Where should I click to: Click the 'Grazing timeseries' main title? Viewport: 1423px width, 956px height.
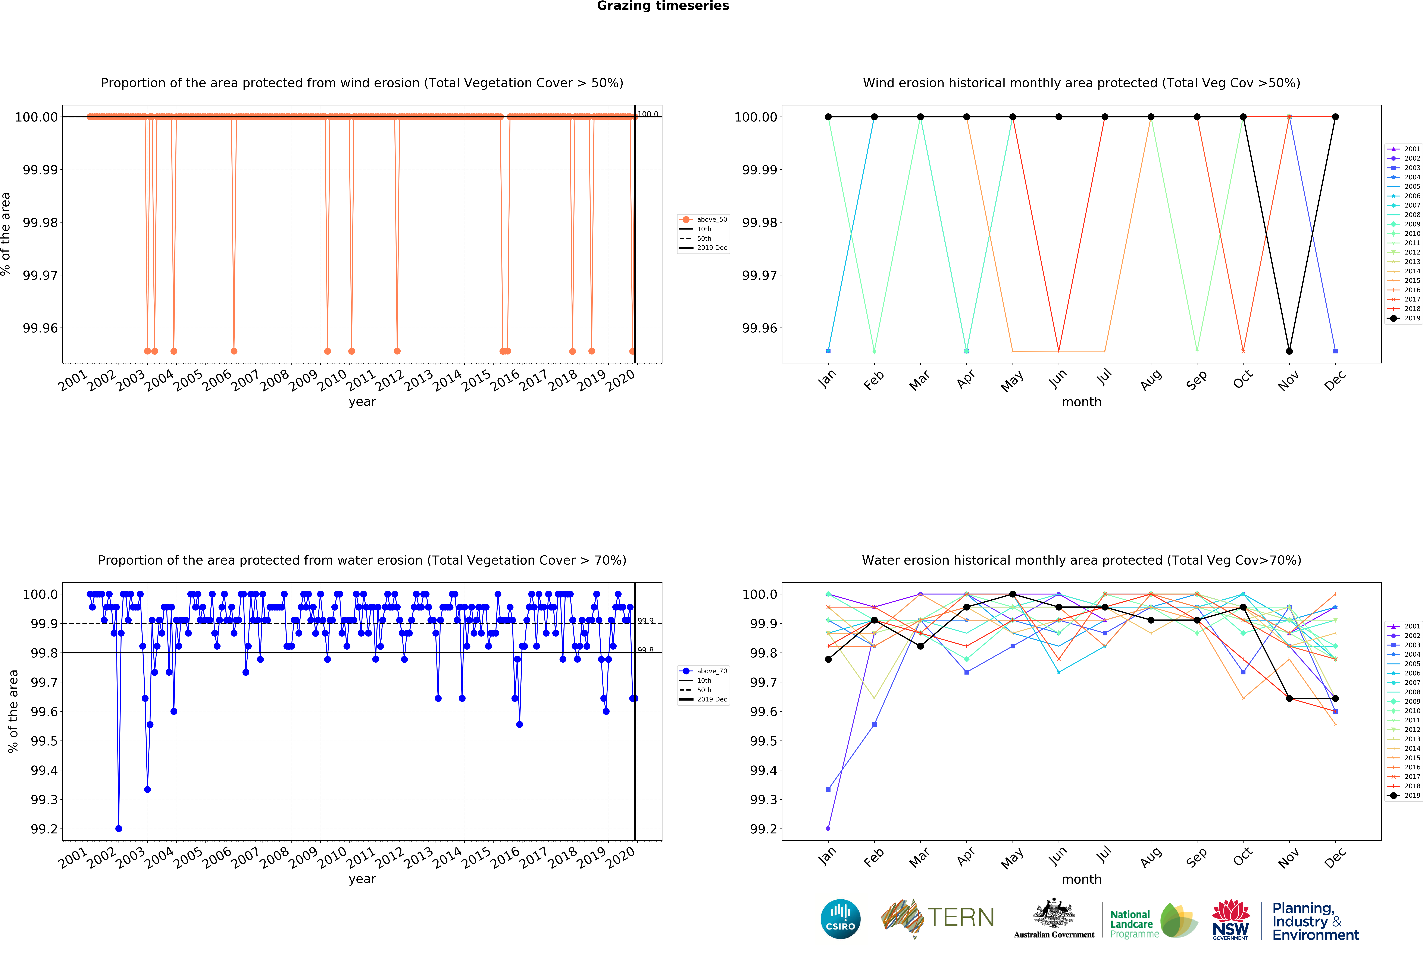[662, 6]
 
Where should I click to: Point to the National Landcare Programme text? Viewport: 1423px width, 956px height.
[1133, 924]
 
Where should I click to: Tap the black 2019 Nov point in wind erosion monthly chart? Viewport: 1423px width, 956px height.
[1289, 351]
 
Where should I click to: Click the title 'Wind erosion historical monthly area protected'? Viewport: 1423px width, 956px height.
[1081, 83]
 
